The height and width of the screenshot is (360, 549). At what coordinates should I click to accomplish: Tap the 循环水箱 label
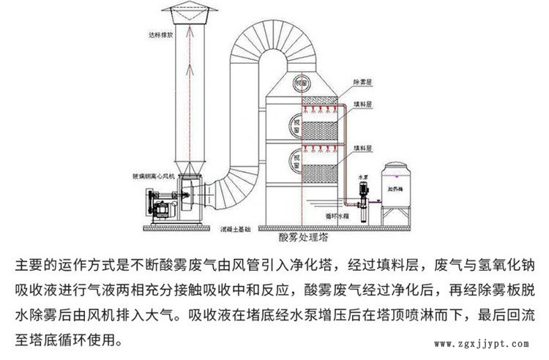[x=335, y=217]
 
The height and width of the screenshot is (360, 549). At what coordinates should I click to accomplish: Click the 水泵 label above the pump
[x=361, y=176]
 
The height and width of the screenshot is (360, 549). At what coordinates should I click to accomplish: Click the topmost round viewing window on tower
[x=297, y=86]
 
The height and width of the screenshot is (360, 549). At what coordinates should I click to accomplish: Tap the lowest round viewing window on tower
[x=297, y=156]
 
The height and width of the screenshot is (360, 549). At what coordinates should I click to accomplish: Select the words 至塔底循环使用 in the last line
[x=61, y=341]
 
